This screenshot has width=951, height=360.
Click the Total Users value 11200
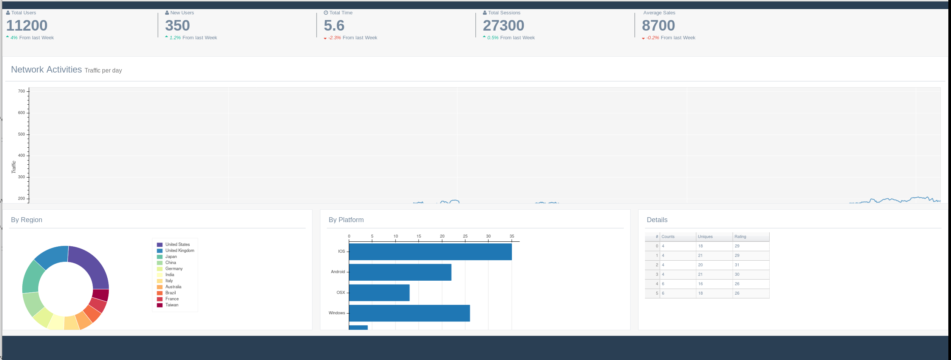pos(27,26)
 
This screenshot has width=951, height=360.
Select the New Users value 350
pos(177,26)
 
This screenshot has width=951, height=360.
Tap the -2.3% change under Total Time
pos(334,38)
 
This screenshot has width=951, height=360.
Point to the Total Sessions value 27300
pos(503,26)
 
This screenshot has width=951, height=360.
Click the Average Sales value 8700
pos(658,26)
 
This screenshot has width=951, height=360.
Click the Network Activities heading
pos(46,70)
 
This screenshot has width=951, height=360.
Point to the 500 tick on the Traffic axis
pos(22,134)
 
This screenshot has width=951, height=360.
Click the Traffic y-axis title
pos(14,167)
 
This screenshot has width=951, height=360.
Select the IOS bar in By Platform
pos(430,252)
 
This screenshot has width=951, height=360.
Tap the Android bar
pos(400,272)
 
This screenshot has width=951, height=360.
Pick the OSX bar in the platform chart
pos(379,293)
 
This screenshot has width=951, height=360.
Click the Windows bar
pos(409,313)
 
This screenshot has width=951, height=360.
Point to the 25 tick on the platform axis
pos(465,236)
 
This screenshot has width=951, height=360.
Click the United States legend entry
pos(177,244)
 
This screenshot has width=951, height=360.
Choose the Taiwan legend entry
pos(172,305)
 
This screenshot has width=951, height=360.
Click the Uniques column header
pos(705,237)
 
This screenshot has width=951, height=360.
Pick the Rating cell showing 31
pos(737,265)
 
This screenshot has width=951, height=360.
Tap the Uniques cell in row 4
pos(700,284)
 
